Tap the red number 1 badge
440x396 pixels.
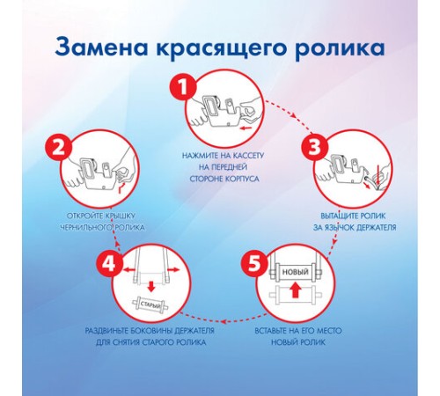[180, 88]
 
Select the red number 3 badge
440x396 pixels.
[317, 148]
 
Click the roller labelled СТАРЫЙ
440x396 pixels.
[151, 307]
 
